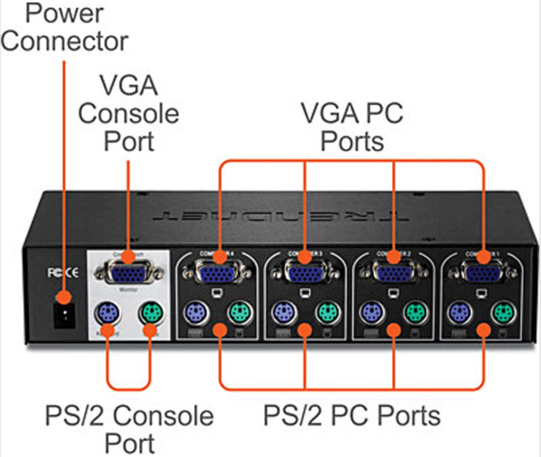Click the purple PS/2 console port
tap(105, 314)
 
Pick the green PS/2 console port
tap(150, 314)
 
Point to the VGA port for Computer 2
tap(394, 272)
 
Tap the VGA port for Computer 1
tap(483, 272)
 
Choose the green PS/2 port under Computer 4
tap(240, 314)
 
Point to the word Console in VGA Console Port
tap(128, 113)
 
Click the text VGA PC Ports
tap(351, 127)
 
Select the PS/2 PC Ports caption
tap(351, 414)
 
